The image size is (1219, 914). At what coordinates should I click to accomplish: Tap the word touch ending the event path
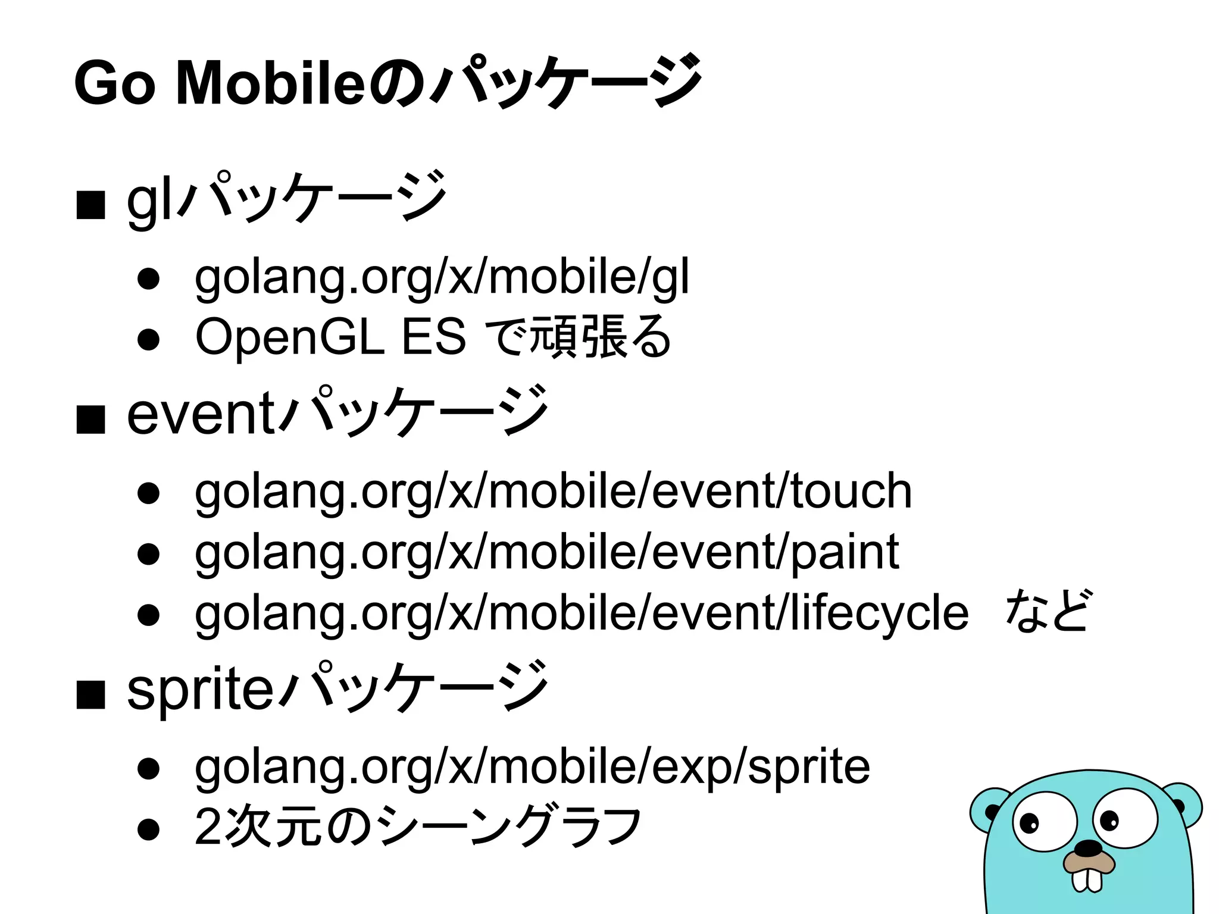pos(851,492)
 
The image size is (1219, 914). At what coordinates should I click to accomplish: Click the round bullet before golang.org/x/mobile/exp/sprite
pos(148,768)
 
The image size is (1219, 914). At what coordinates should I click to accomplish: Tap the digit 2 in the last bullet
pos(208,827)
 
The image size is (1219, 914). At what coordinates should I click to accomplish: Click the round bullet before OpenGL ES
pos(148,339)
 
